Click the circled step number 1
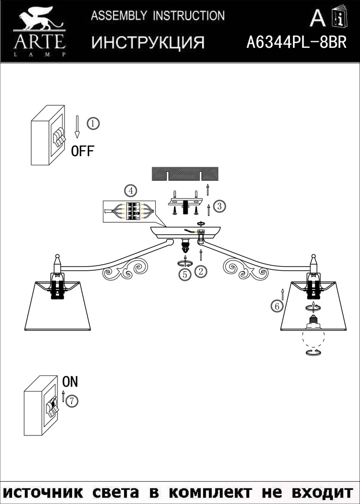point(93,123)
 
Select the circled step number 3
point(219,206)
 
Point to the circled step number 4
point(130,191)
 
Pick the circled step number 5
point(186,274)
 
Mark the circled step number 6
point(275,305)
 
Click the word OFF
point(82,151)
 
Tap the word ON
point(71,382)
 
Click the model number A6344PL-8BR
point(296,42)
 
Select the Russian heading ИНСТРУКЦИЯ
point(148,43)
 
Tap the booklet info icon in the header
point(341,18)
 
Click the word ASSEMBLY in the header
point(119,16)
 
